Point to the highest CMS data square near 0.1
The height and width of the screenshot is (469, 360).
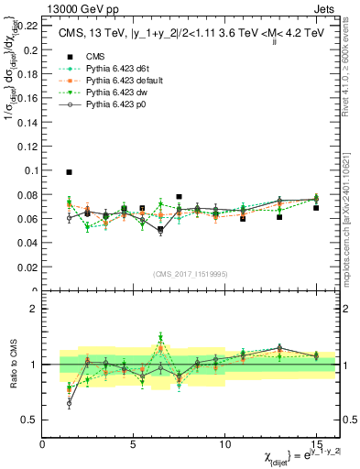coord(70,171)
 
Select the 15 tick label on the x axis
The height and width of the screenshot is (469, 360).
coord(316,444)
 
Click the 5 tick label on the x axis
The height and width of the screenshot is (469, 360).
coord(134,444)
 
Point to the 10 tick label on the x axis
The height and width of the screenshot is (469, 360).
coord(224,444)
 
